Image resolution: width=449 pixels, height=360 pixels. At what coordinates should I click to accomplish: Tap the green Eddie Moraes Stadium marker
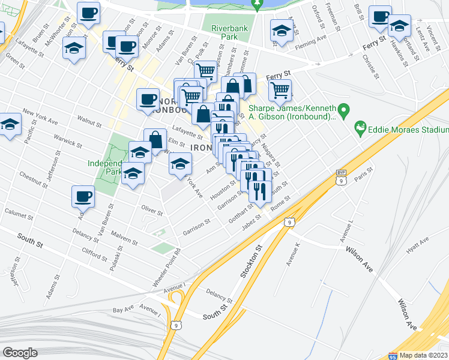pos(360,127)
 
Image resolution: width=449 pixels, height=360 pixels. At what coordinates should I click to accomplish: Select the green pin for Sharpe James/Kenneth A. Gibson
pos(343,110)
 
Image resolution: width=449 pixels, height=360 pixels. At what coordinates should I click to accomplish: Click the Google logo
pos(20,353)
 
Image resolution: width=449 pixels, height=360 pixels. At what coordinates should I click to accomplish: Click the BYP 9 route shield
pos(341,178)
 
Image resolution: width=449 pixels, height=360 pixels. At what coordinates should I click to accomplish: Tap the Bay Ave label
pos(123,308)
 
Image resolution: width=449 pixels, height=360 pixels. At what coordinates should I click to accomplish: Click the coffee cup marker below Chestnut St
pos(83,196)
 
